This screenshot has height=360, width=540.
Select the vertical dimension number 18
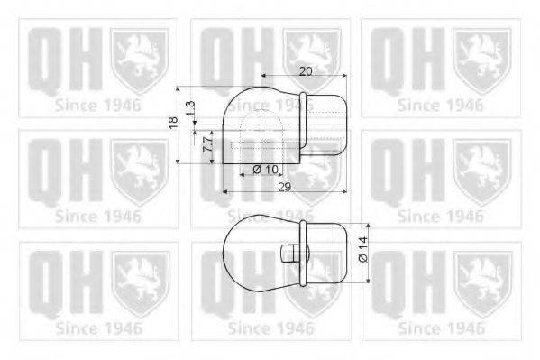click(173, 124)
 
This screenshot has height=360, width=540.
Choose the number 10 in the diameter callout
click(271, 169)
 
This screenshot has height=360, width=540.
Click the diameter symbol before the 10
click(257, 169)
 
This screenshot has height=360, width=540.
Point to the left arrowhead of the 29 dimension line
click(223, 192)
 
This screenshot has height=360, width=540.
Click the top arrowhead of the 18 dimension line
click(181, 90)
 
